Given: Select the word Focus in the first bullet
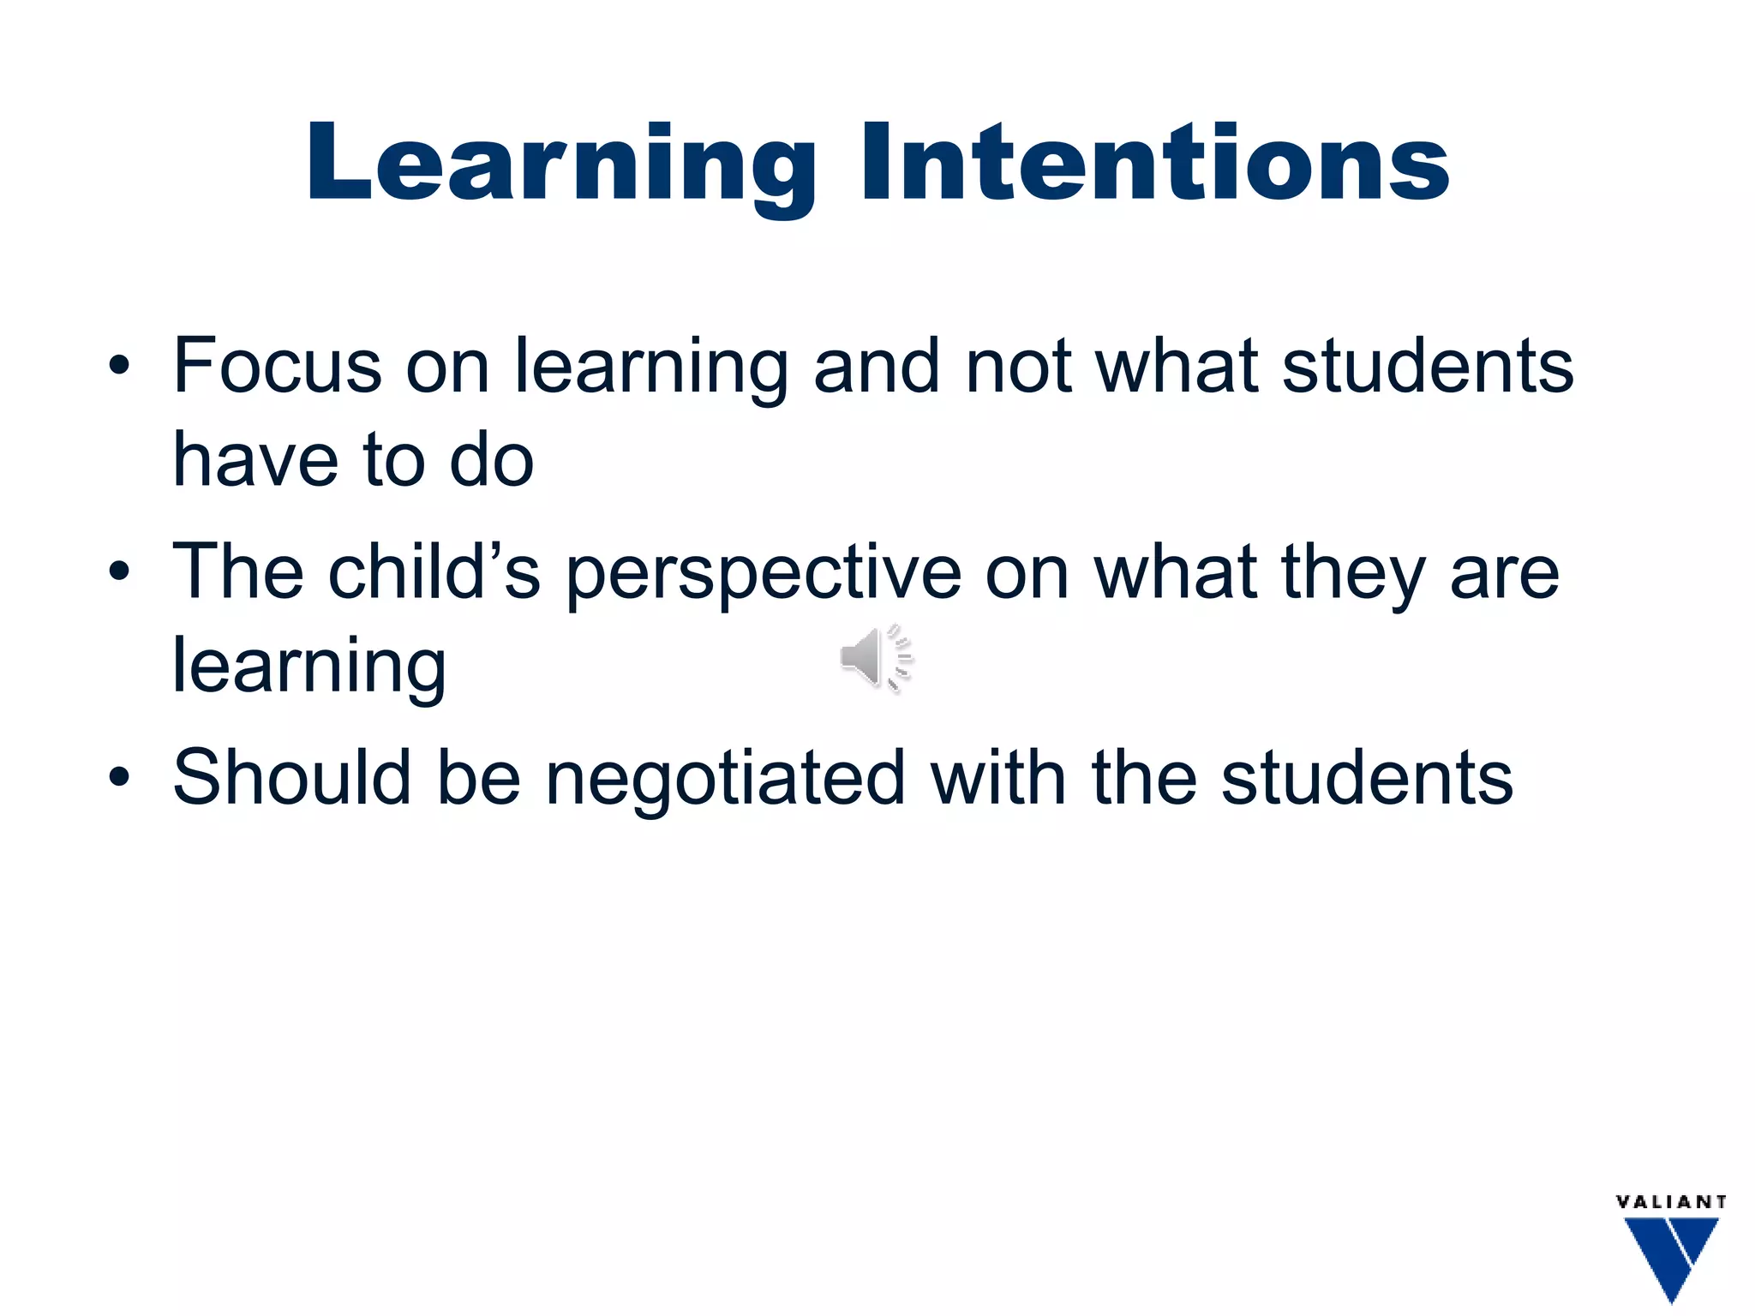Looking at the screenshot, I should pyautogui.click(x=277, y=366).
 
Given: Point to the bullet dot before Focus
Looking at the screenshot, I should pyautogui.click(x=119, y=367).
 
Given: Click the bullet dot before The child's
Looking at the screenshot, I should pyautogui.click(x=119, y=571).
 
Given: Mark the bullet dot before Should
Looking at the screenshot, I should pyautogui.click(x=119, y=777).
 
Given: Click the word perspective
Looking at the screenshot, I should pyautogui.click(x=764, y=575).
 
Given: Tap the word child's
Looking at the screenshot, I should pyautogui.click(x=434, y=571).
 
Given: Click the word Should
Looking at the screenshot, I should pyautogui.click(x=291, y=777).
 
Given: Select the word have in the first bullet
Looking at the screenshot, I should pyautogui.click(x=255, y=460).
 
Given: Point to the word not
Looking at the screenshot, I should pyautogui.click(x=1018, y=367).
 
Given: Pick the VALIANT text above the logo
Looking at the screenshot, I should pyautogui.click(x=1670, y=1202).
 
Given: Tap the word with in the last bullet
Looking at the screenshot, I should pyautogui.click(x=997, y=777).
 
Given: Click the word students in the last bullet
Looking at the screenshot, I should pyautogui.click(x=1367, y=778).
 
